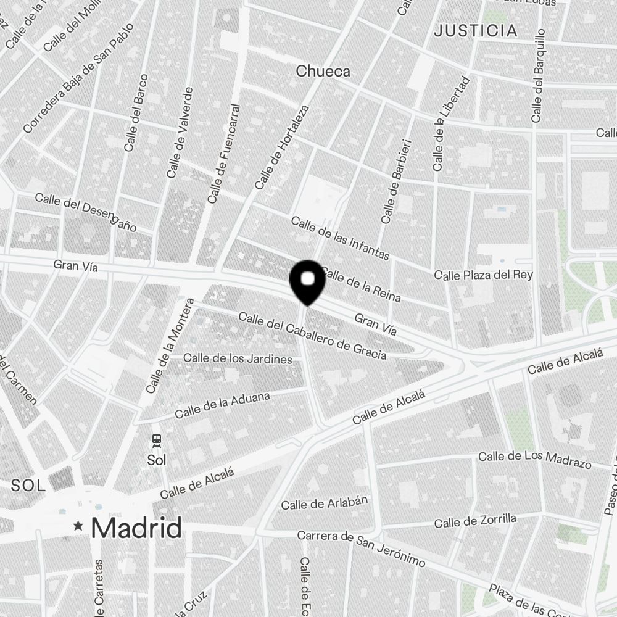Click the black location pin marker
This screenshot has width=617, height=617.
(307, 281)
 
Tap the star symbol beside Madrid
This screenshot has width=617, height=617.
(78, 526)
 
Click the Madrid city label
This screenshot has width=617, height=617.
(136, 528)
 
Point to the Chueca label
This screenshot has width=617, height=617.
(323, 72)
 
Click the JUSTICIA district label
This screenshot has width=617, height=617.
(475, 31)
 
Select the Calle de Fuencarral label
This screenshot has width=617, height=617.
(223, 154)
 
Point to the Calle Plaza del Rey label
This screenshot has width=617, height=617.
(483, 275)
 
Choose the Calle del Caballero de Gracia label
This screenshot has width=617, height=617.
(312, 336)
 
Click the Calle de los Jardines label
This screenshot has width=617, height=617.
(238, 358)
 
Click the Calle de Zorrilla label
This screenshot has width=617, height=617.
(475, 521)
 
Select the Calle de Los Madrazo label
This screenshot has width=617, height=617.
(535, 460)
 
